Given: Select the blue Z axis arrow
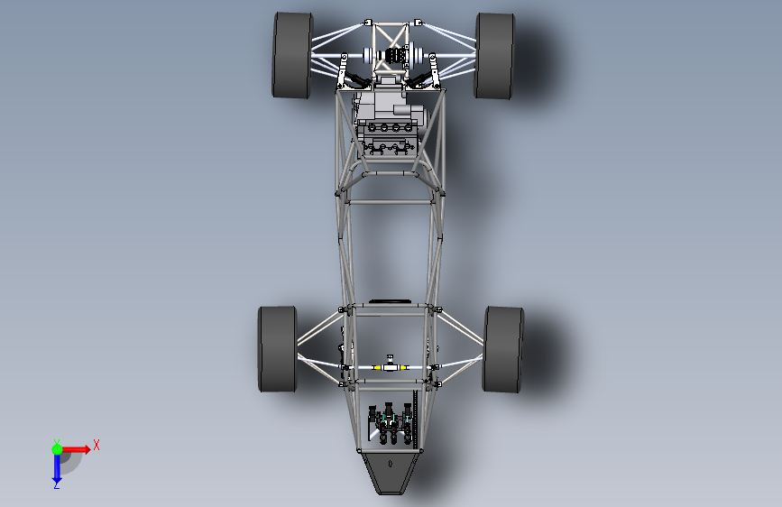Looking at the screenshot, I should [56, 466].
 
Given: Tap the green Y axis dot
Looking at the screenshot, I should [57, 448].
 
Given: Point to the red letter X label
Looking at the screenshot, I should [96, 445].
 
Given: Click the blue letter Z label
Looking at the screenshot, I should [56, 485].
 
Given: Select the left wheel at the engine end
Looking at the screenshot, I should [292, 55].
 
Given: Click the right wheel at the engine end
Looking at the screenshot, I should [494, 55].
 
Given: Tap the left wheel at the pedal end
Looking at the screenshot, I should [278, 349].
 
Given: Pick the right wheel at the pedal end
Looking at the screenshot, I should [503, 349].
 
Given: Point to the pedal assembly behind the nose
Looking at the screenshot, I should [390, 424].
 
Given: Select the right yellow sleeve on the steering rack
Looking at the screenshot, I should [406, 368].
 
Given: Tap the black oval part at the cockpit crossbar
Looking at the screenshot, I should [391, 300].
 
